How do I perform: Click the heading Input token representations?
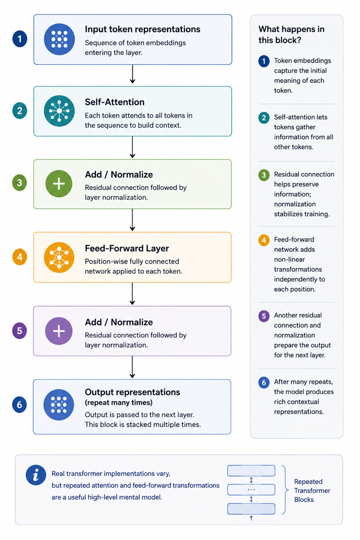point(142,30)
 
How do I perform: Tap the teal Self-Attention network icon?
point(59,111)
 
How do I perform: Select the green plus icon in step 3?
point(59,184)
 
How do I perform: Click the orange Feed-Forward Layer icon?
point(59,257)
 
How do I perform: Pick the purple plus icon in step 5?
point(59,331)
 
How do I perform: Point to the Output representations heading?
point(132,392)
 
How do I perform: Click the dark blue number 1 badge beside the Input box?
point(20,39)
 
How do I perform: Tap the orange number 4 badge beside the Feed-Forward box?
point(20,257)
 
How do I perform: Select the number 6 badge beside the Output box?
point(20,404)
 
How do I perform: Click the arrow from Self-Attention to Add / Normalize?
point(132,148)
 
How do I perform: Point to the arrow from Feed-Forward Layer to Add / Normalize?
point(132,294)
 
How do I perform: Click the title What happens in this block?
point(291,34)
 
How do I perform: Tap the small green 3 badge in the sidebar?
point(264,175)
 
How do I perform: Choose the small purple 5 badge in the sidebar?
point(264,316)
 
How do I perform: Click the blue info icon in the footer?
point(36,475)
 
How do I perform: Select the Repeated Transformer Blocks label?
point(312,490)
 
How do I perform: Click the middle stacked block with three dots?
point(251,489)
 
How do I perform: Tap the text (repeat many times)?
point(119,402)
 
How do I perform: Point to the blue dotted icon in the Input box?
point(59,39)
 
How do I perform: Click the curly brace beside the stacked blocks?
point(285,489)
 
